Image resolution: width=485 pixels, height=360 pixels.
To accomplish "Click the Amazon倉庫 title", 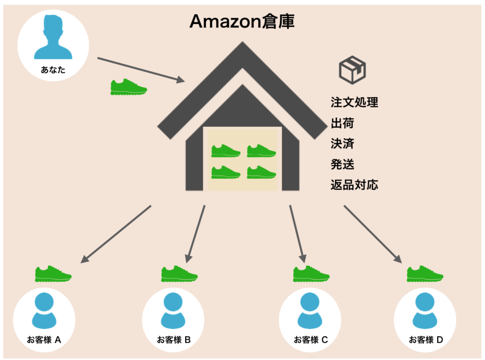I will pos(242,21).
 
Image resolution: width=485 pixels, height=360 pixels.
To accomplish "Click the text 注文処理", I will pos(354,102).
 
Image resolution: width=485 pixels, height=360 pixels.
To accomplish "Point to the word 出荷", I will pos(342,123).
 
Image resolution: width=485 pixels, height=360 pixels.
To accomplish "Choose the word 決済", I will pos(342,144).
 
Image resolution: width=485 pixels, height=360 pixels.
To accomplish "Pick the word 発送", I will pos(342,164).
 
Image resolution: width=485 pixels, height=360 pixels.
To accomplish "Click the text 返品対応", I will pos(354,185).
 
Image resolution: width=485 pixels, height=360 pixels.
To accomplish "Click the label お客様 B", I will pos(173,340).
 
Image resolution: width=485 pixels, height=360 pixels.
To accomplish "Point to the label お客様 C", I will pos(311,340).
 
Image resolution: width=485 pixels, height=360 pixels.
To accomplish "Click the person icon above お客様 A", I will pos(44,310).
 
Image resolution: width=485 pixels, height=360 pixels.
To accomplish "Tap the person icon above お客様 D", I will pos(425,310).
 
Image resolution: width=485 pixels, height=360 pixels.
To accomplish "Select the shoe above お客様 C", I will pos(311,274).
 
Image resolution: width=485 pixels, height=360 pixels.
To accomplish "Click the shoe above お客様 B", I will pos(180,274).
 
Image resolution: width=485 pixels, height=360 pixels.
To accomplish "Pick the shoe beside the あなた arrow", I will pos(128,87).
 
